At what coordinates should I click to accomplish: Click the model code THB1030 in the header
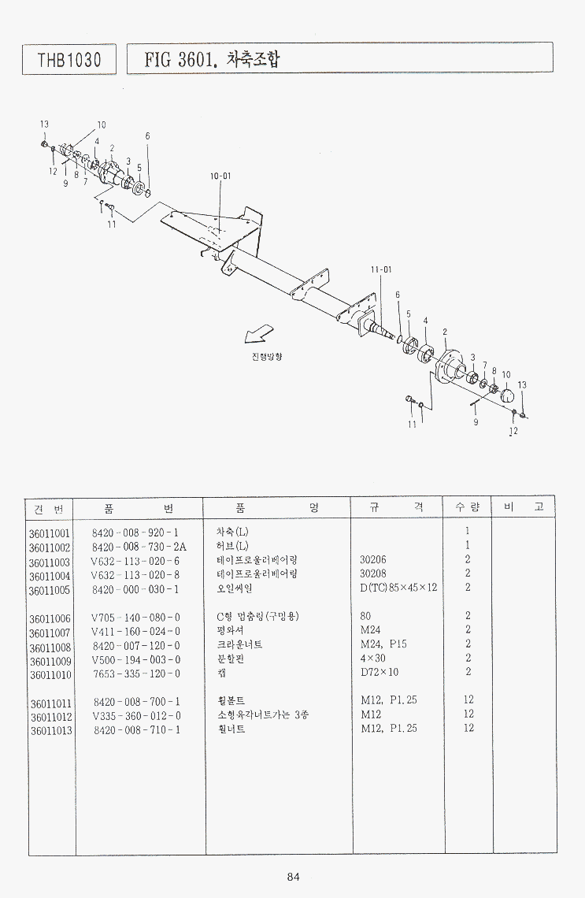point(69,60)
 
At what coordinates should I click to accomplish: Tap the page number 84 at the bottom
point(293,876)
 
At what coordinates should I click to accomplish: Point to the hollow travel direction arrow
point(259,334)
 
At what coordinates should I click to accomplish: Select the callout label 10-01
point(220,176)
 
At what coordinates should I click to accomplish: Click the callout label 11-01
point(381,269)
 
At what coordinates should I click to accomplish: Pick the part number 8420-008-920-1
point(135,532)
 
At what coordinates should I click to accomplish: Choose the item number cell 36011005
point(50,591)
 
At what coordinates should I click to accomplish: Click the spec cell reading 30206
point(372,559)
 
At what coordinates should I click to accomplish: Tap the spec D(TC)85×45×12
point(398,588)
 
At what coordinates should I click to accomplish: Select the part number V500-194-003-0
point(135,660)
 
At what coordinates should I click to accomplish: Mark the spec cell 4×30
point(372,658)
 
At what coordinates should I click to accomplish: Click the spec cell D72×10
point(379,672)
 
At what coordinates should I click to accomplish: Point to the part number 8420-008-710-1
point(137,729)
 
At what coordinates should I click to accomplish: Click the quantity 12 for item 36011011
point(468,699)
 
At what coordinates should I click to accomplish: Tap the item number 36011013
point(51,731)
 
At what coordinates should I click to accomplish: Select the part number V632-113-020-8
point(135,575)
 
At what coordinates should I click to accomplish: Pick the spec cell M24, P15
point(383,644)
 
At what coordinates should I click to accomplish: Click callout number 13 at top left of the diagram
point(44,124)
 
